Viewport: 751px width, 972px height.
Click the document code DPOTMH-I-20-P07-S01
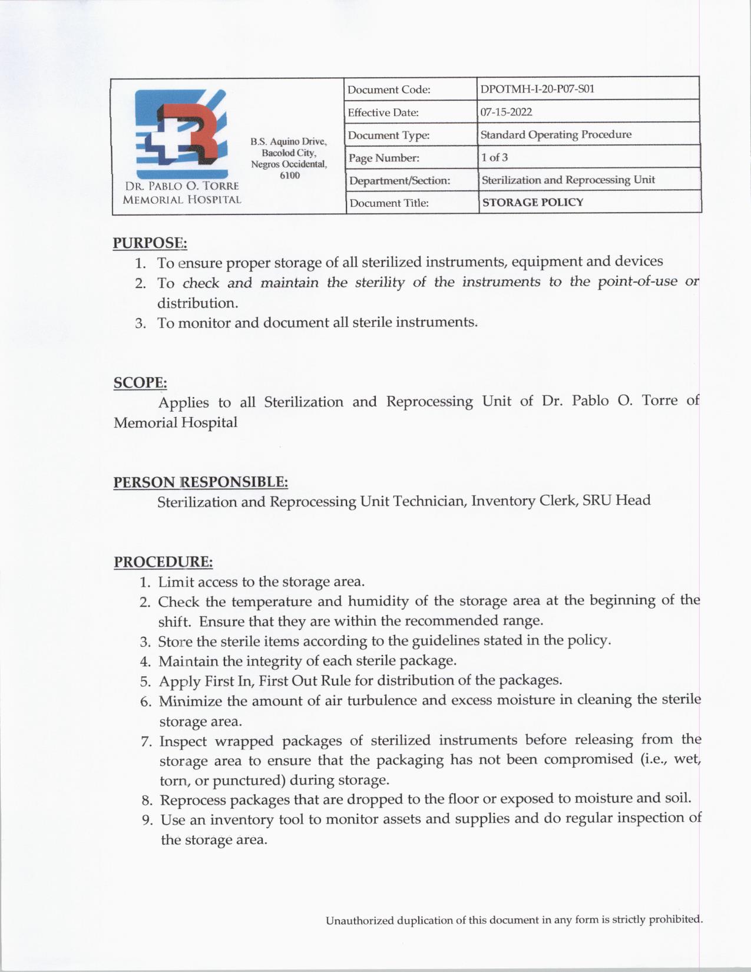537,89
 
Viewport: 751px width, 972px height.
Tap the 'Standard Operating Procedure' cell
555,134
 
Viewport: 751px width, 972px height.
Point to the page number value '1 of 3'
494,157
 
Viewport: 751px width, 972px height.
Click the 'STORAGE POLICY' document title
532,202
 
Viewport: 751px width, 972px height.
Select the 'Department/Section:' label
399,180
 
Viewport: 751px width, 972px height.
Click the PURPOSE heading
150,243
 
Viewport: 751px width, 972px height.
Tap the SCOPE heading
140,382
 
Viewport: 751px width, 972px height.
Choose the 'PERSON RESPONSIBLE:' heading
200,482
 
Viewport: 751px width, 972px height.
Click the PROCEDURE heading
163,561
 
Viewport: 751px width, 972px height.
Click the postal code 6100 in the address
289,175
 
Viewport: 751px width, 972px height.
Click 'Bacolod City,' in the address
289,153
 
